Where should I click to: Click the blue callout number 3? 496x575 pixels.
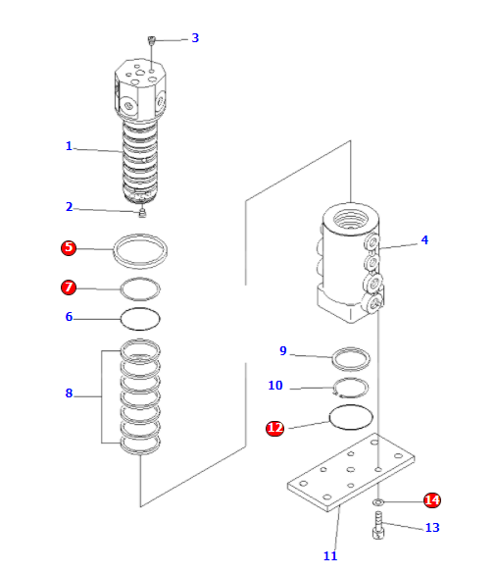pos(195,38)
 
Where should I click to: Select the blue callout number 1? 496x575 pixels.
pos(69,146)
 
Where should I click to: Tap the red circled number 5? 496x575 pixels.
pos(69,247)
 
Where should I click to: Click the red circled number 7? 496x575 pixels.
pos(69,287)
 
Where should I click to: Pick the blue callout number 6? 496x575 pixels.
pos(69,317)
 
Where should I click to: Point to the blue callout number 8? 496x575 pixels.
pos(69,393)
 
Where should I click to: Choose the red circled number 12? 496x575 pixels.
pos(275,428)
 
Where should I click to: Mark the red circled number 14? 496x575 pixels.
pos(432,500)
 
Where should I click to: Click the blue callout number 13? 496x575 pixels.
pos(432,528)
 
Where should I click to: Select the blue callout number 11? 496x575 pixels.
pos(330,556)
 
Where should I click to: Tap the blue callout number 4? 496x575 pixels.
pos(424,239)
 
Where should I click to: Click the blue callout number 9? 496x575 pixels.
pos(283,351)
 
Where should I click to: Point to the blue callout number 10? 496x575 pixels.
pos(275,386)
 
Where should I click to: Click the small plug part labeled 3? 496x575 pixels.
pos(152,40)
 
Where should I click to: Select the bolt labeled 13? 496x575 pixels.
pos(378,530)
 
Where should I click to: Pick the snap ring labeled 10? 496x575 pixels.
pos(350,388)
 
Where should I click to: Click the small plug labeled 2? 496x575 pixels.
pos(141,210)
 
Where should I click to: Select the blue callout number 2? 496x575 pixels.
pos(69,207)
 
